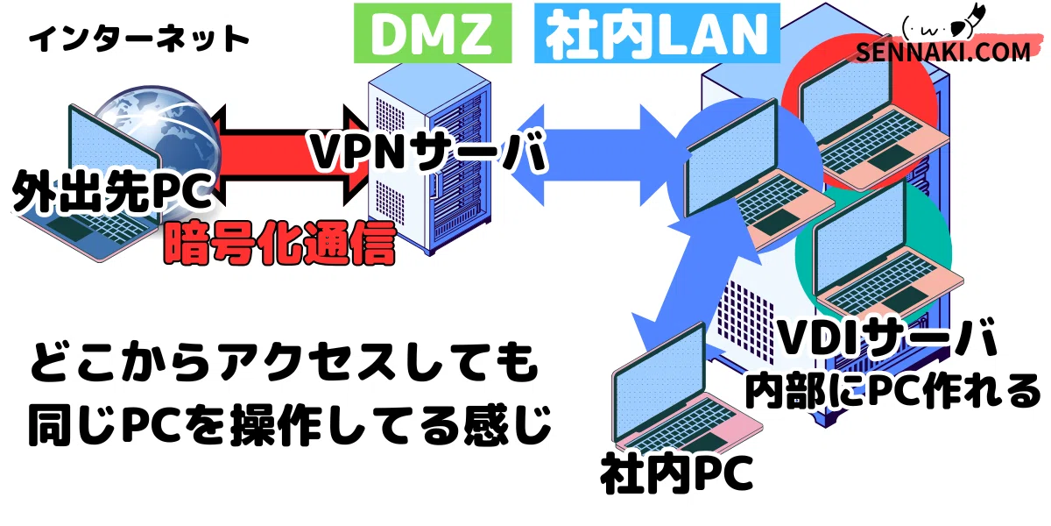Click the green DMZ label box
tap(433, 33)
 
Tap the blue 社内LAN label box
tap(657, 33)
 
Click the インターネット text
tap(139, 39)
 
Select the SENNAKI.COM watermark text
tap(943, 52)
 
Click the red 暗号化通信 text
tap(279, 244)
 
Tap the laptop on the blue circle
tap(755, 176)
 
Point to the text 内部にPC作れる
tap(892, 391)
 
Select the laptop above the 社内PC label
tap(685, 390)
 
